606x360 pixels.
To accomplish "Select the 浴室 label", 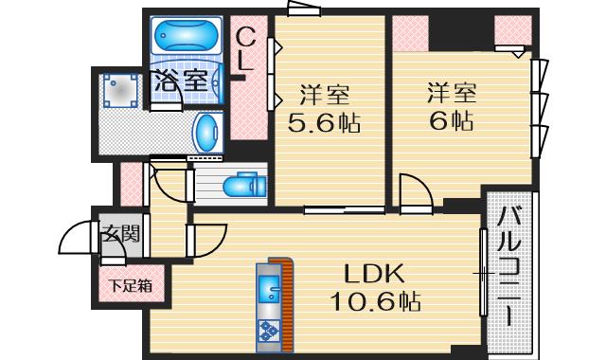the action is (181, 81).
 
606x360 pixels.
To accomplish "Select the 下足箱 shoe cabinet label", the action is (123, 283).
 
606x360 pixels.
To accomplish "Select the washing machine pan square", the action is (122, 91).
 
